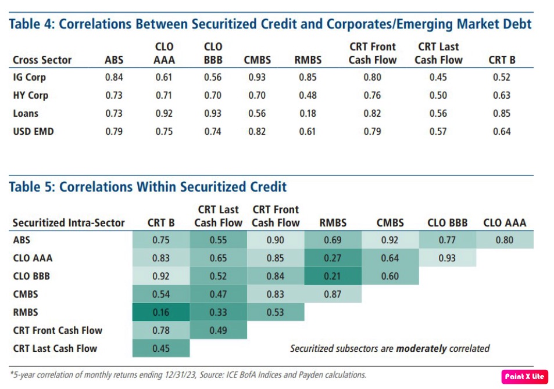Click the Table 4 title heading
pos(270,24)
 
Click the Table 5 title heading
pos(148,186)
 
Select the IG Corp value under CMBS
pos(257,77)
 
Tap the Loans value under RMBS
pos(308,113)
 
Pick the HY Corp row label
pos(30,95)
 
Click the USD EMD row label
pos(33,131)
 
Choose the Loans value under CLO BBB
pos(213,113)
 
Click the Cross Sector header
pos(42,60)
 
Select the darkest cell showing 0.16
pos(160,312)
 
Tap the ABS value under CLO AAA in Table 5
pos(505,240)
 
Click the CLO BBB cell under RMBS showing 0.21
pos(333,276)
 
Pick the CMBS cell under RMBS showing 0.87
pos(333,294)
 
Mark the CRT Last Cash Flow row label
pos(55,348)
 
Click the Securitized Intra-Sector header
pos(69,222)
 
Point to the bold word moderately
pos(421,348)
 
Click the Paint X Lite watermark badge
pos(524,376)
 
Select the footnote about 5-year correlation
pos(188,374)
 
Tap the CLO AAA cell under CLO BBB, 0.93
pos(446,258)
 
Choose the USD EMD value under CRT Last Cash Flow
pos(438,131)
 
